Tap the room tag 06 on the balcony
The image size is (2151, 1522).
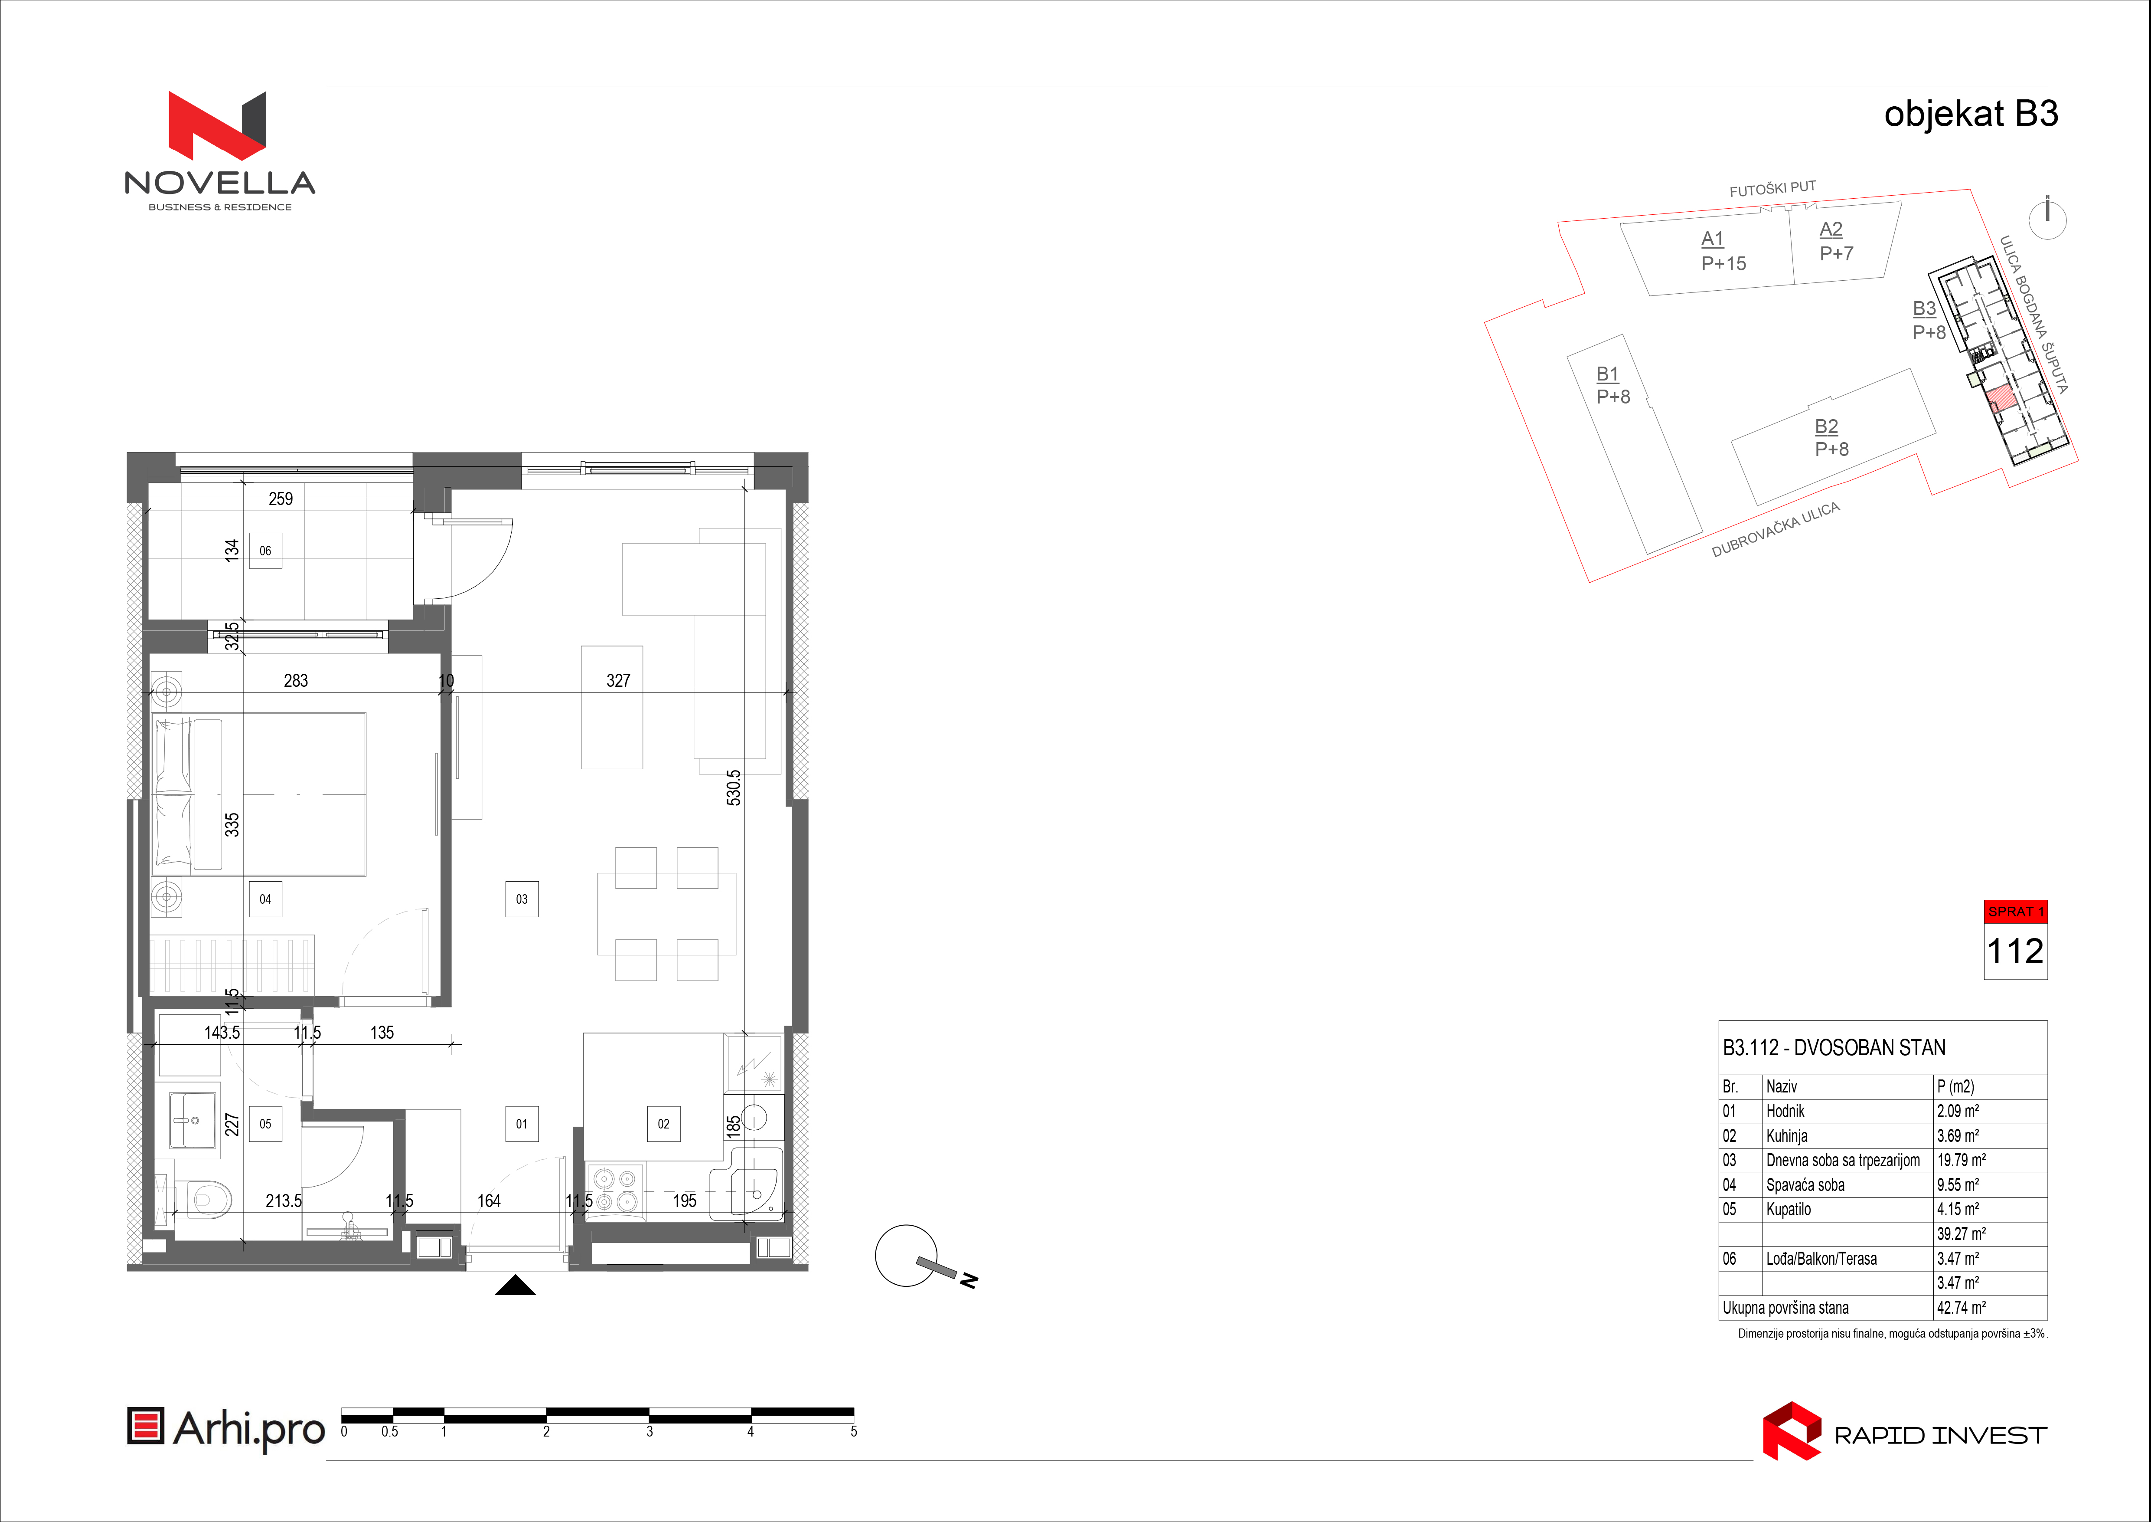265,551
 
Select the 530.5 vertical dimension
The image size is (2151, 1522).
734,787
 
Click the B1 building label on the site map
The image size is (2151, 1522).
1608,374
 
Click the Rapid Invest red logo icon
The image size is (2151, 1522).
1791,1431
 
